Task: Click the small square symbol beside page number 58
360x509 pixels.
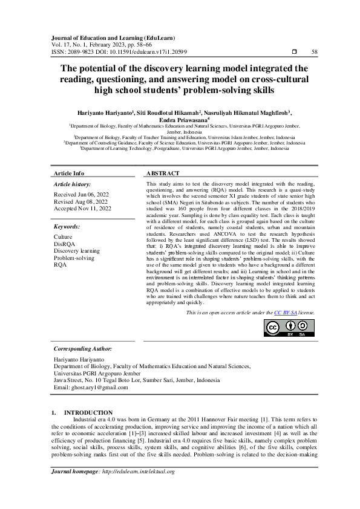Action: [x=295, y=53]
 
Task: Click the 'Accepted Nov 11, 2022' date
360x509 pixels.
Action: [x=83, y=209]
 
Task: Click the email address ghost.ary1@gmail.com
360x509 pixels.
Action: [x=88, y=387]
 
